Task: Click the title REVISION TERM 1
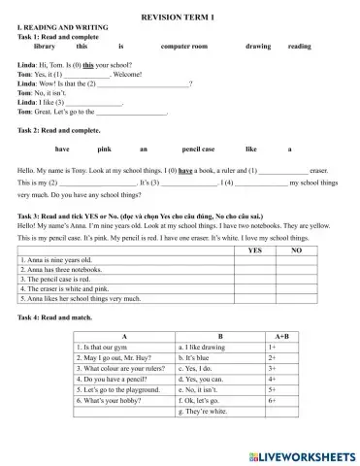coord(180,18)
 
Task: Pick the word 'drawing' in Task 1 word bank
coord(258,47)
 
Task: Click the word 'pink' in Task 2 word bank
coord(105,149)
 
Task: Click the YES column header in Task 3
coord(255,250)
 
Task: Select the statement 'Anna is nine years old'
coord(58,260)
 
